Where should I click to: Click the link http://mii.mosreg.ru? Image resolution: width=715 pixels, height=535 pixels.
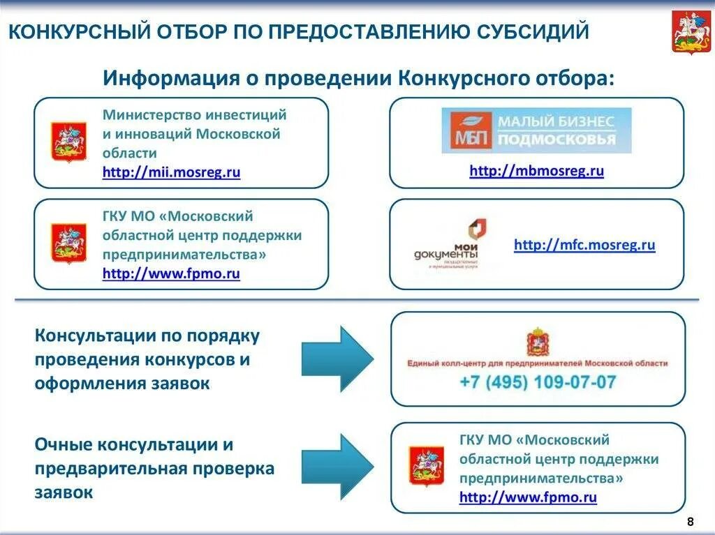(x=171, y=173)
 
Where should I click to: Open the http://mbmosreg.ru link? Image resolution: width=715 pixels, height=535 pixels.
(x=536, y=171)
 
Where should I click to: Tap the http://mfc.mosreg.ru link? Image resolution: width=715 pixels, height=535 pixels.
(x=584, y=245)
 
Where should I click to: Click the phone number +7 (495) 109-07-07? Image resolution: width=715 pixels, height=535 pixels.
(x=538, y=382)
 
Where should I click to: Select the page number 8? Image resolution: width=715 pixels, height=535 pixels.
(x=691, y=522)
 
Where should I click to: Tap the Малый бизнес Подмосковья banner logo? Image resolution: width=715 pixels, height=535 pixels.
(x=536, y=130)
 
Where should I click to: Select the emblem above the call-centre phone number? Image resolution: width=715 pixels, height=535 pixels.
(x=538, y=342)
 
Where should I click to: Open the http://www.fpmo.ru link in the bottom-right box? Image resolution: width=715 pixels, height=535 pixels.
(x=528, y=497)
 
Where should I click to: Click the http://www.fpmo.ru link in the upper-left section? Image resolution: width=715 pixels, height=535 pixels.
(x=171, y=274)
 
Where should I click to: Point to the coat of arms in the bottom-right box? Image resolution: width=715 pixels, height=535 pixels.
(x=426, y=466)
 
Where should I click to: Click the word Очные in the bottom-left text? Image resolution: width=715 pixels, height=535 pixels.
(x=62, y=444)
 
